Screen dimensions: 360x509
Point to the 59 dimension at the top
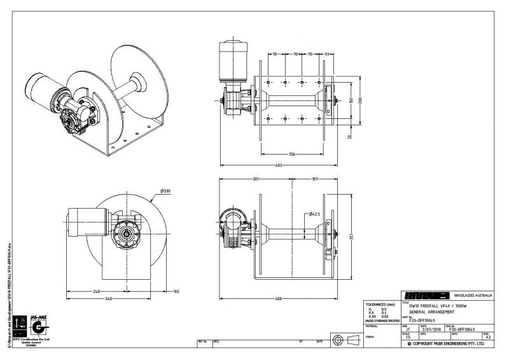(x=326, y=55)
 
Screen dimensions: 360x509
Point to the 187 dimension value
(x=314, y=179)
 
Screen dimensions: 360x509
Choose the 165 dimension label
(x=176, y=292)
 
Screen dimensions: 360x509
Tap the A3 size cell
(x=488, y=336)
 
